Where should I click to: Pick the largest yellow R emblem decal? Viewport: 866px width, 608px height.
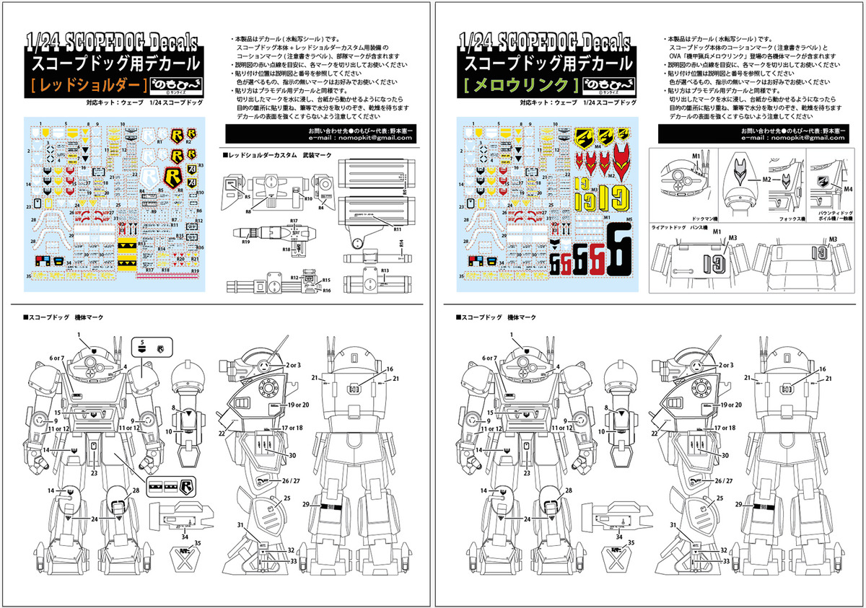point(171,176)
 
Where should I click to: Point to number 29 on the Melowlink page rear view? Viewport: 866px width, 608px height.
point(739,504)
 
